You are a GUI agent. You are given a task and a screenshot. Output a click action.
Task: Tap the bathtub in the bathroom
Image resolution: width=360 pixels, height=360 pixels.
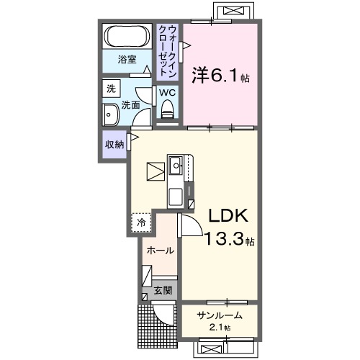pyautogui.click(x=127, y=36)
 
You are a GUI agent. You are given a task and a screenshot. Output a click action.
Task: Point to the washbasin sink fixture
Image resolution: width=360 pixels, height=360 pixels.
pyautogui.click(x=112, y=114)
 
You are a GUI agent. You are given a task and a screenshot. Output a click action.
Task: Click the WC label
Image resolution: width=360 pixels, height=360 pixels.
pyautogui.click(x=166, y=93)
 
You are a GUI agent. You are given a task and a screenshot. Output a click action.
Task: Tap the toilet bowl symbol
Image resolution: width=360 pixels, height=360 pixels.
pyautogui.click(x=168, y=110)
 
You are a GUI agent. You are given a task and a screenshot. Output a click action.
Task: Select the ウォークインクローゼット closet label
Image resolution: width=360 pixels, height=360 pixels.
pyautogui.click(x=168, y=50)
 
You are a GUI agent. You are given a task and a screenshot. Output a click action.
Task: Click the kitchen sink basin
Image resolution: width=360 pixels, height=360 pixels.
pyautogui.click(x=176, y=167)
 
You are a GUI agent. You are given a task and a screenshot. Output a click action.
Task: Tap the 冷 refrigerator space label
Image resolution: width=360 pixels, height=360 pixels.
pyautogui.click(x=142, y=223)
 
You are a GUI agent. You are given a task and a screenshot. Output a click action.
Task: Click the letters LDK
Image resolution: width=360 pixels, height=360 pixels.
pyautogui.click(x=228, y=216)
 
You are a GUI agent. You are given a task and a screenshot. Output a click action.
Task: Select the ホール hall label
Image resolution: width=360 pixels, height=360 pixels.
pyautogui.click(x=159, y=251)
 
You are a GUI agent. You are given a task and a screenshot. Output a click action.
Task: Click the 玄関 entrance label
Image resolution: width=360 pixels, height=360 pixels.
pyautogui.click(x=162, y=291)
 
